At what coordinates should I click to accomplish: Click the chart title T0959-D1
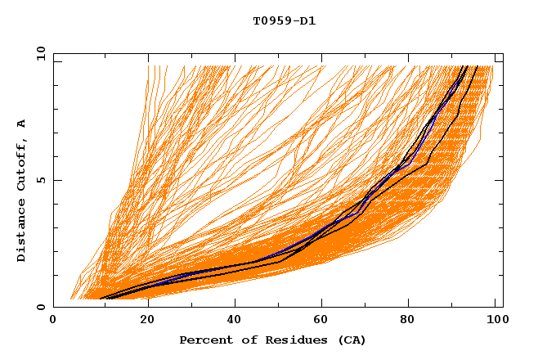point(284,21)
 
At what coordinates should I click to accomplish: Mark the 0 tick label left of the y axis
point(39,307)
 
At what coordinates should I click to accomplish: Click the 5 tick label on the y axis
point(39,180)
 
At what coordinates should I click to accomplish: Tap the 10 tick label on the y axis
point(37,53)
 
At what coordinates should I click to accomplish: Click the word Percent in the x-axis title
point(204,340)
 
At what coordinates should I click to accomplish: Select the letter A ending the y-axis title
point(21,124)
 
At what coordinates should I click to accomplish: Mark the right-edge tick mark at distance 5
point(499,180)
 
